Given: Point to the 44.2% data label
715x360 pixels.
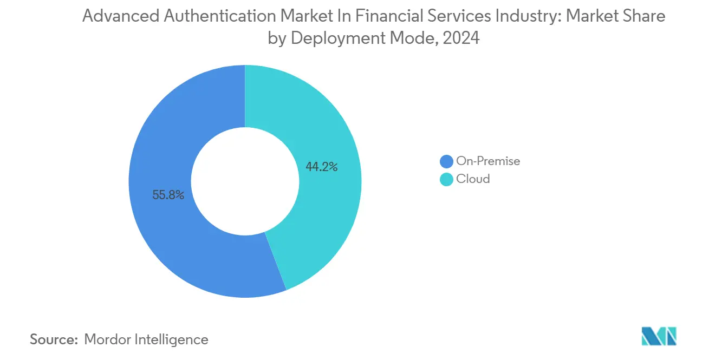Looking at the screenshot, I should coord(322,167).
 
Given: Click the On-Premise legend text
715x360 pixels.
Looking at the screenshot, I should coord(488,161).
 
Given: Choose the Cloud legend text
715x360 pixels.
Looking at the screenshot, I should coord(473,179).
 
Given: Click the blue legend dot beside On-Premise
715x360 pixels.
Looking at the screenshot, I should coord(446,161).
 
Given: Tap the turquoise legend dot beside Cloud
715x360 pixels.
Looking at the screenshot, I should coord(446,179).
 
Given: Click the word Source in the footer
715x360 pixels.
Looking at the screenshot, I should coord(53,339).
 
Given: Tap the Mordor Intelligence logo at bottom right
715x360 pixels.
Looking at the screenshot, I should coord(659,336).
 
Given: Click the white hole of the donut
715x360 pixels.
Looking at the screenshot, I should coord(245,181).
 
